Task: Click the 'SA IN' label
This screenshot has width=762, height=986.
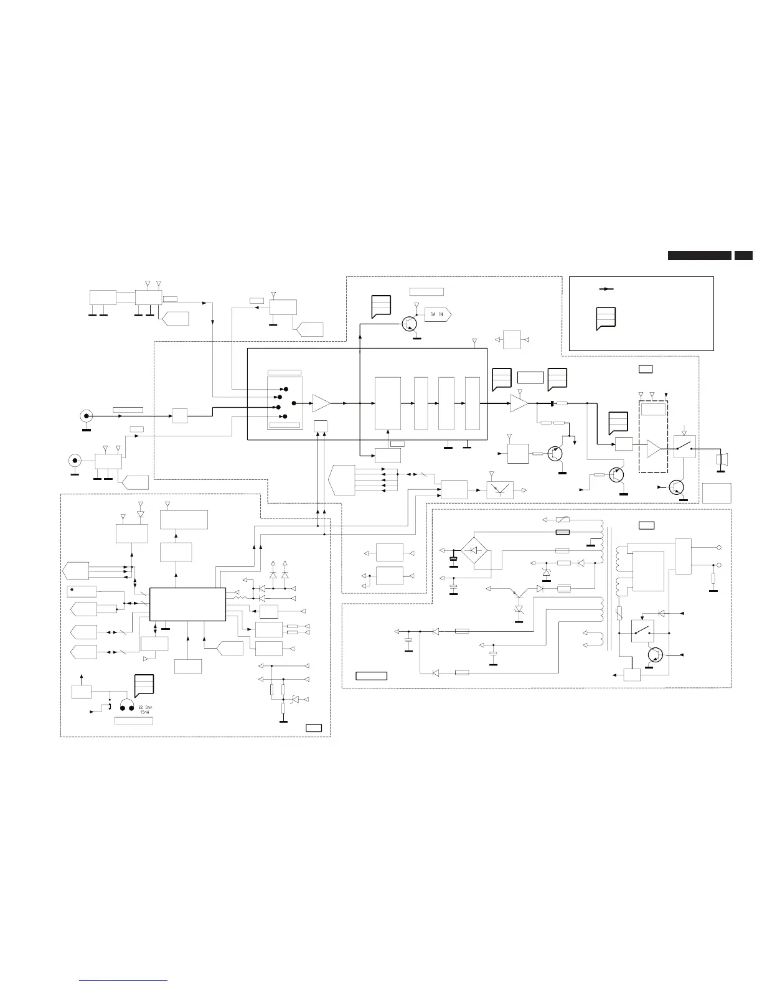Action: [x=437, y=314]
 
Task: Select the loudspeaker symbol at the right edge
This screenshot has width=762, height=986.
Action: [x=722, y=460]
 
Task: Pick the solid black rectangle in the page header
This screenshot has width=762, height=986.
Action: [x=699, y=255]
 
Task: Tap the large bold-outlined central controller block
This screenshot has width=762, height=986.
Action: [x=187, y=603]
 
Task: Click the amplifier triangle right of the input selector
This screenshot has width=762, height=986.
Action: [x=321, y=403]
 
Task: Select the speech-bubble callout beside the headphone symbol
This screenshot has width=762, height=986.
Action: [x=144, y=685]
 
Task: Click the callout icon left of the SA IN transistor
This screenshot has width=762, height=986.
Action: [x=380, y=306]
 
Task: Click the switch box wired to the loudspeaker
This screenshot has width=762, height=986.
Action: [x=684, y=447]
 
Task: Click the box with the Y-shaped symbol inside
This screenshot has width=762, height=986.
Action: [x=499, y=491]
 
